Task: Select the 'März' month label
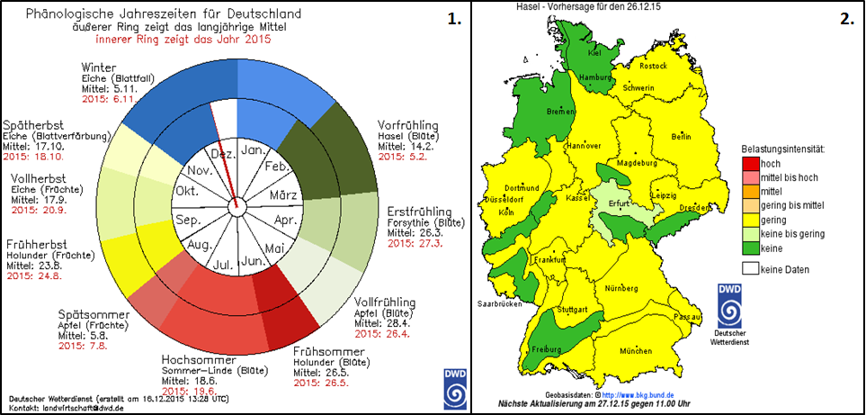pos(284,195)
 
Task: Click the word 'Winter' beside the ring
pos(100,68)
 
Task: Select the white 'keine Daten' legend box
pos(749,268)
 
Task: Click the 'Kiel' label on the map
pos(593,53)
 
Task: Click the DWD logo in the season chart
pos(454,385)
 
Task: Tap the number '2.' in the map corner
pos(847,19)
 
